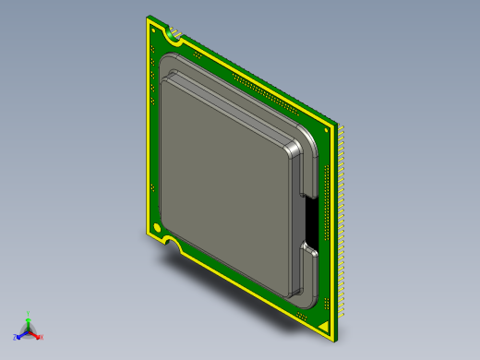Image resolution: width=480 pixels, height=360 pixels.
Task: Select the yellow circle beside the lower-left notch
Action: pos(157,229)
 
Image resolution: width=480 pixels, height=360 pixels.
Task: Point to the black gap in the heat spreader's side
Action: pos(310,222)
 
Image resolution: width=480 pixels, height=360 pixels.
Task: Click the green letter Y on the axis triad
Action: pos(29,314)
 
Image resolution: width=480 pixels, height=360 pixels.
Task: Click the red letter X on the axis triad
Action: pos(42,338)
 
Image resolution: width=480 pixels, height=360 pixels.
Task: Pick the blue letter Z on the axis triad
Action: pos(16,338)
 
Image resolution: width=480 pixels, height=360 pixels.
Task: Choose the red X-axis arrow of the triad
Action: pos(36,334)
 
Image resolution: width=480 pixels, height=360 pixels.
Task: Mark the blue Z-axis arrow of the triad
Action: pos(21,334)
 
